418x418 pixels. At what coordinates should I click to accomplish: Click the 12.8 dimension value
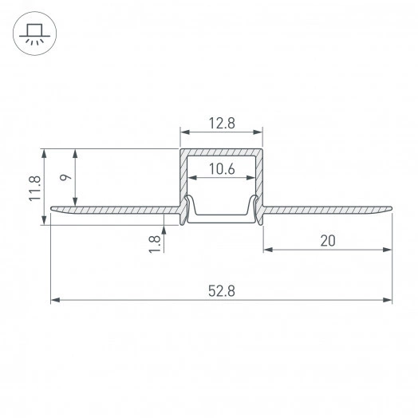(x=221, y=123)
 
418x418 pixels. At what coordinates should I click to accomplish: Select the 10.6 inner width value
(x=221, y=168)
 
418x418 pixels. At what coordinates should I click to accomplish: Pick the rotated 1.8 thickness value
(x=154, y=242)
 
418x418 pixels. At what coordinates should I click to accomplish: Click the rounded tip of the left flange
(x=53, y=210)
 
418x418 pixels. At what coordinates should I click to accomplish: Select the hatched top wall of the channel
(x=221, y=152)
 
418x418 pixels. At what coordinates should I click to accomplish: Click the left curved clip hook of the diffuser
(x=189, y=207)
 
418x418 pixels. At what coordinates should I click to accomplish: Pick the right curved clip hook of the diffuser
(x=254, y=207)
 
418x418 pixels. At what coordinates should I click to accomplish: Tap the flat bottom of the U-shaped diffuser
(x=221, y=215)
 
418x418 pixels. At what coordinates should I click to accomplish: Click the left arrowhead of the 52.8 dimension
(x=54, y=301)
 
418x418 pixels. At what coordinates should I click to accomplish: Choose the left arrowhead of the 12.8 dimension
(x=183, y=132)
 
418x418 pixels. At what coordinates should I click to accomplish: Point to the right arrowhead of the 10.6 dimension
(x=253, y=177)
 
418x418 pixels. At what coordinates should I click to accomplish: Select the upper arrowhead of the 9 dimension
(x=77, y=152)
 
